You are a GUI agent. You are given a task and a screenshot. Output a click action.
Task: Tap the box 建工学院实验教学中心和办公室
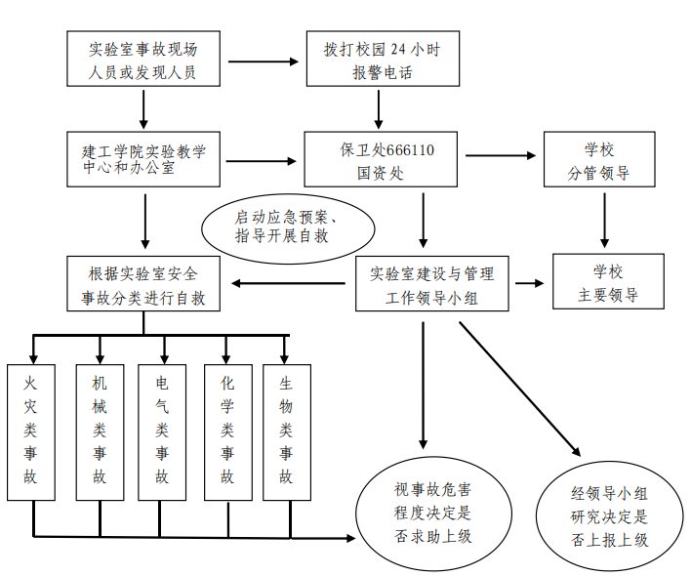click(x=142, y=159)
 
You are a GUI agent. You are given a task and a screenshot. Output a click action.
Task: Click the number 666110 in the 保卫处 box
click(x=410, y=150)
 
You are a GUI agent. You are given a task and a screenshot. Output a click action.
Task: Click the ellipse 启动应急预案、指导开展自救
click(x=287, y=226)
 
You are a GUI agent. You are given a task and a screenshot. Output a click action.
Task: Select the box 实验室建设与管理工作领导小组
click(x=431, y=284)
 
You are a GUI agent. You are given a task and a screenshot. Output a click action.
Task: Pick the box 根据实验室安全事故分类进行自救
click(x=143, y=284)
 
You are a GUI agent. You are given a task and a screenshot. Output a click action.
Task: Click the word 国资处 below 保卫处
click(x=381, y=174)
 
